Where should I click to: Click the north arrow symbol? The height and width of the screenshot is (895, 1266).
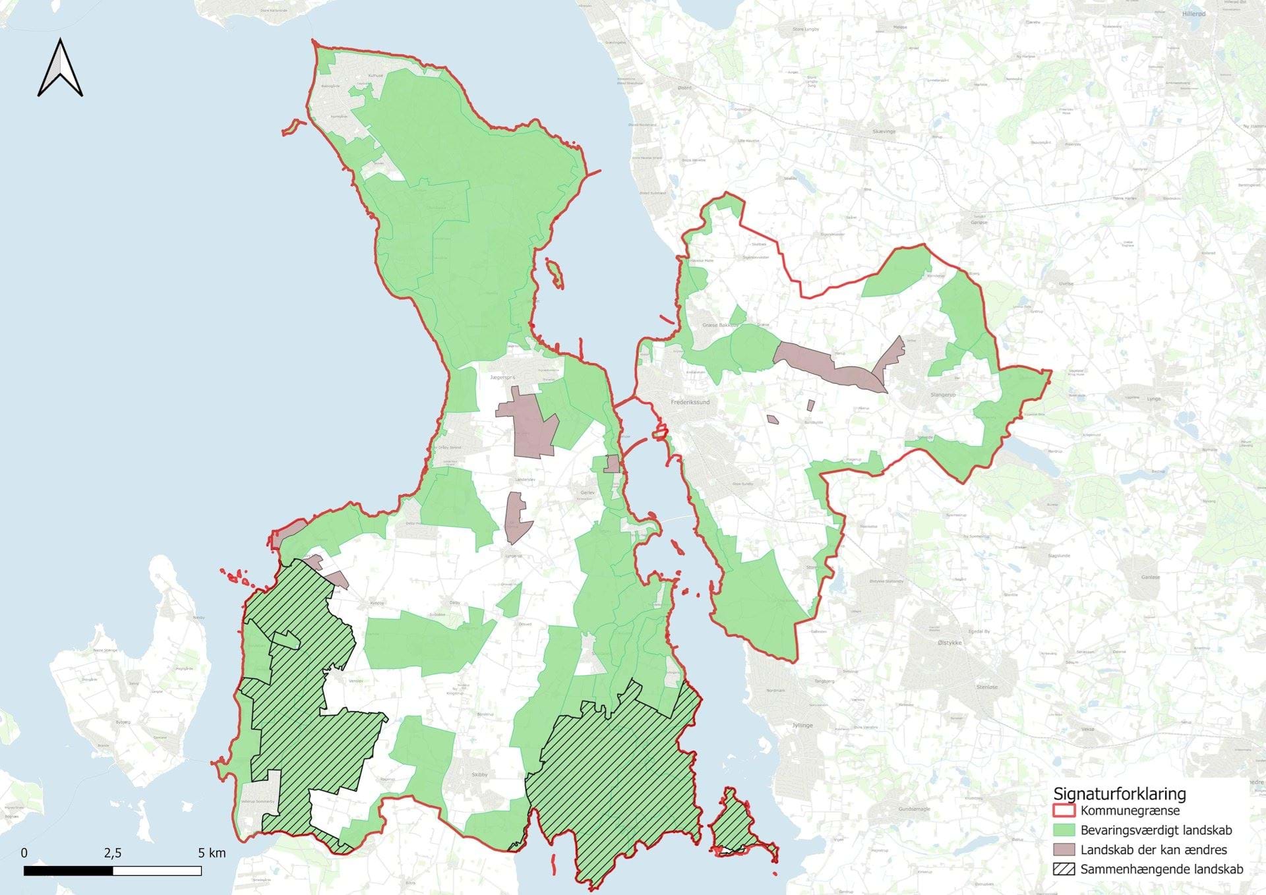pyautogui.click(x=60, y=69)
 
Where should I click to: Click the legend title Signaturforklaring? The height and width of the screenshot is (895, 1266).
pyautogui.click(x=1119, y=794)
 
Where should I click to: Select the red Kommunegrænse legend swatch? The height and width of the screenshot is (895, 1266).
pyautogui.click(x=1064, y=811)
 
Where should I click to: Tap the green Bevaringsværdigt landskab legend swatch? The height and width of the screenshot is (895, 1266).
pyautogui.click(x=1064, y=830)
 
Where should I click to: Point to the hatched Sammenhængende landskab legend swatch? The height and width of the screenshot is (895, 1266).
pyautogui.click(x=1064, y=869)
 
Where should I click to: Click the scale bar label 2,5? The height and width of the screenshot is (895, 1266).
pyautogui.click(x=113, y=853)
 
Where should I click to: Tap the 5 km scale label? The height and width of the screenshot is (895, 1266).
pyautogui.click(x=212, y=853)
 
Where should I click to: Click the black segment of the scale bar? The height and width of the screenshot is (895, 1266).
pyautogui.click(x=69, y=871)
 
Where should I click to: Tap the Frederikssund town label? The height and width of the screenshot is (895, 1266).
pyautogui.click(x=690, y=402)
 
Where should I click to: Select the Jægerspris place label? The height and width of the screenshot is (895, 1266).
pyautogui.click(x=502, y=378)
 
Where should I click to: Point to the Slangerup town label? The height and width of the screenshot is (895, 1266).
pyautogui.click(x=943, y=395)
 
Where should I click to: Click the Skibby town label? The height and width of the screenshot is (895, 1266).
pyautogui.click(x=479, y=774)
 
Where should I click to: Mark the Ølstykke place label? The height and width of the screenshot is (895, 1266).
pyautogui.click(x=950, y=643)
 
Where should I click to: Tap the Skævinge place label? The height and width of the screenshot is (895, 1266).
pyautogui.click(x=884, y=132)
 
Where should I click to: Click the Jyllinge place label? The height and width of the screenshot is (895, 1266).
pyautogui.click(x=802, y=725)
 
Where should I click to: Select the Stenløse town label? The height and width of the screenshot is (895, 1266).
pyautogui.click(x=987, y=687)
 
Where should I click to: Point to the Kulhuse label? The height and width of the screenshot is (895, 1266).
pyautogui.click(x=375, y=76)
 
